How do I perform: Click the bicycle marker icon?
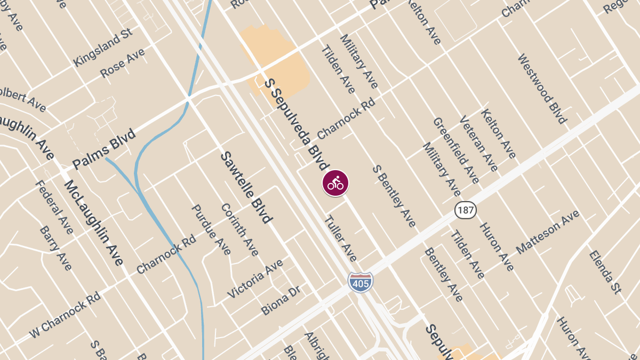pos(335,183)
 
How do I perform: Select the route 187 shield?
pos(465,210)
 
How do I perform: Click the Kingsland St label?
pos(103,48)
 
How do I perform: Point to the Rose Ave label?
pos(122,63)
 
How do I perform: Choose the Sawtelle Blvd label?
pos(246,187)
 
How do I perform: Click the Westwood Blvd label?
pos(542,89)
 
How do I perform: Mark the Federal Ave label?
pos(54,206)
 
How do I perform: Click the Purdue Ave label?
pos(211,229)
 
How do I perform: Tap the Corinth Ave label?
pos(239,229)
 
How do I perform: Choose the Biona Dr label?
pos(281,300)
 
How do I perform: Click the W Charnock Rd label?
pos(65,314)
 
